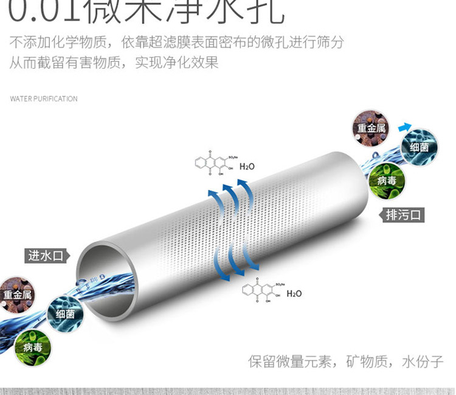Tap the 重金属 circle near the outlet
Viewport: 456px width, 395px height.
coord(371,128)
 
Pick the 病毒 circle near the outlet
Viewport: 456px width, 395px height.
coord(387,180)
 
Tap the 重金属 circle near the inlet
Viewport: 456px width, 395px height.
coord(17,295)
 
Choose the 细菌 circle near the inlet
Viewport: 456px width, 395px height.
coord(65,314)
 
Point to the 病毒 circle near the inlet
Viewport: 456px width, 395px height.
coord(32,348)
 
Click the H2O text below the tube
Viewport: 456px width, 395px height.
coord(294,293)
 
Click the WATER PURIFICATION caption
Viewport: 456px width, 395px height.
coord(44,99)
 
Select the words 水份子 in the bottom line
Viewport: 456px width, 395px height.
coord(423,361)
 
